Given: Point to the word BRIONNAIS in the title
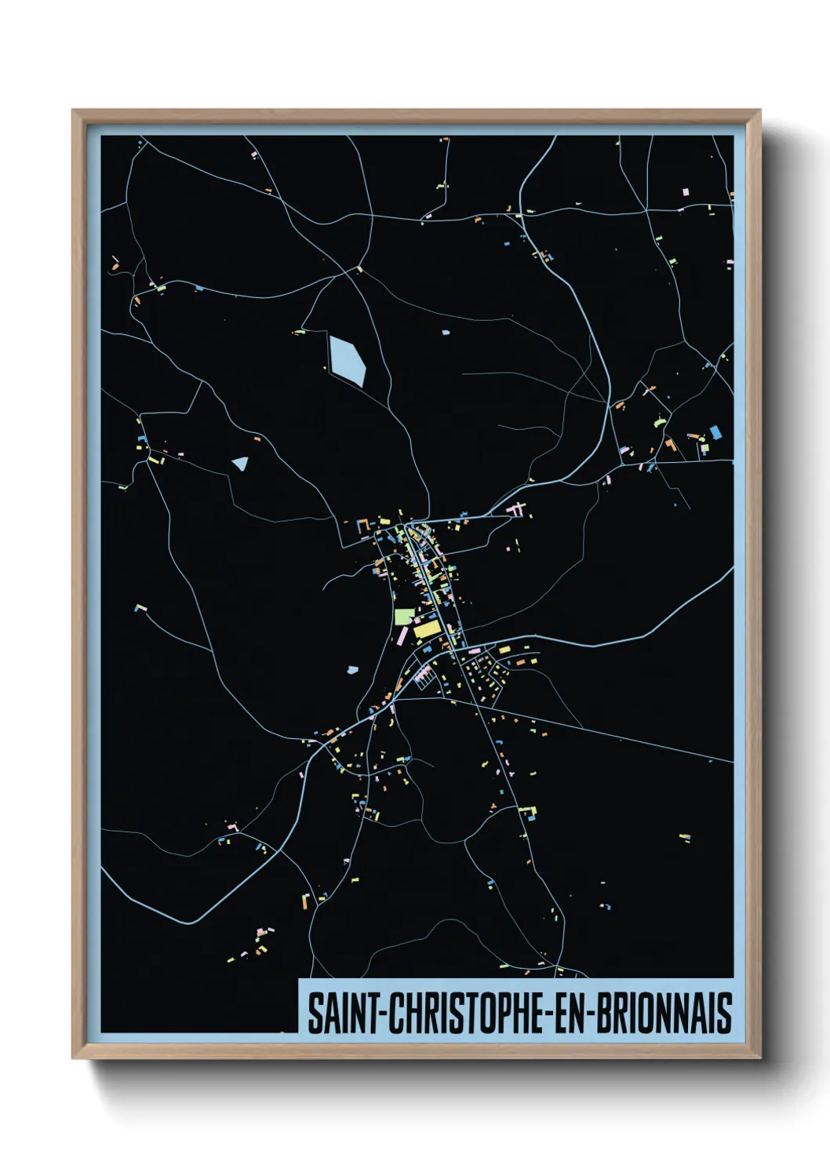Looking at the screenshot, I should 664,1013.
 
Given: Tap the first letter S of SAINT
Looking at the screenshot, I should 314,1013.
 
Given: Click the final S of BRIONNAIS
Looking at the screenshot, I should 725,1013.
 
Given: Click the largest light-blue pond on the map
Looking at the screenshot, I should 348,360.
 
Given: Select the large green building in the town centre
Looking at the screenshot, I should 403,617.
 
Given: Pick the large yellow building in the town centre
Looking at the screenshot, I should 428,629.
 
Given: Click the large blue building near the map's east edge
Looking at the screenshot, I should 715,432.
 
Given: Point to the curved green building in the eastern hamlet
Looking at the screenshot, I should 659,421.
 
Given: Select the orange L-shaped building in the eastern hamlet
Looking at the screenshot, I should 670,445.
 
